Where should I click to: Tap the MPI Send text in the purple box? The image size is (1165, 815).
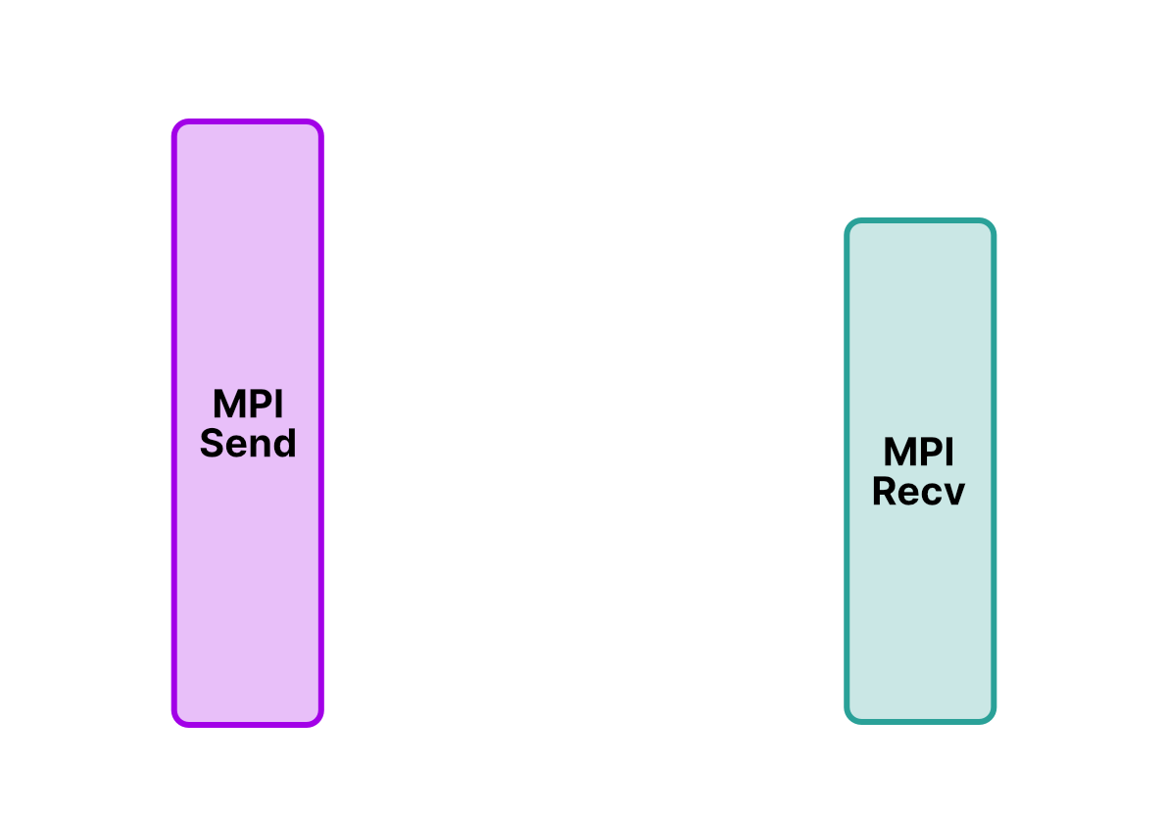coord(248,424)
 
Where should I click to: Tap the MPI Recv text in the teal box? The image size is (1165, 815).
coord(918,471)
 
